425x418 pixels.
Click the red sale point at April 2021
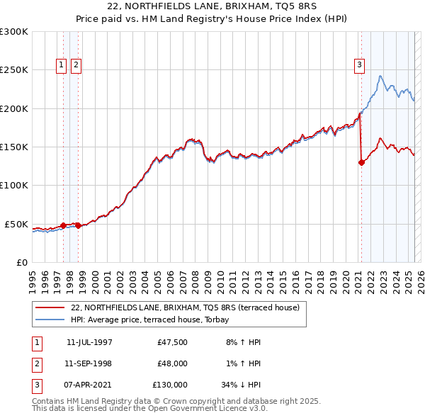[361, 162]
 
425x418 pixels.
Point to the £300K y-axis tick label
[14, 32]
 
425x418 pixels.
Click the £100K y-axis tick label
[14, 186]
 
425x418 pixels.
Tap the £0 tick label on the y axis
[22, 262]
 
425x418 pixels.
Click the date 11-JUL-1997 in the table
[89, 342]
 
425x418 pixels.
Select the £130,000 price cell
[170, 385]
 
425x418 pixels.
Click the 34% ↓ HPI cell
[240, 385]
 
